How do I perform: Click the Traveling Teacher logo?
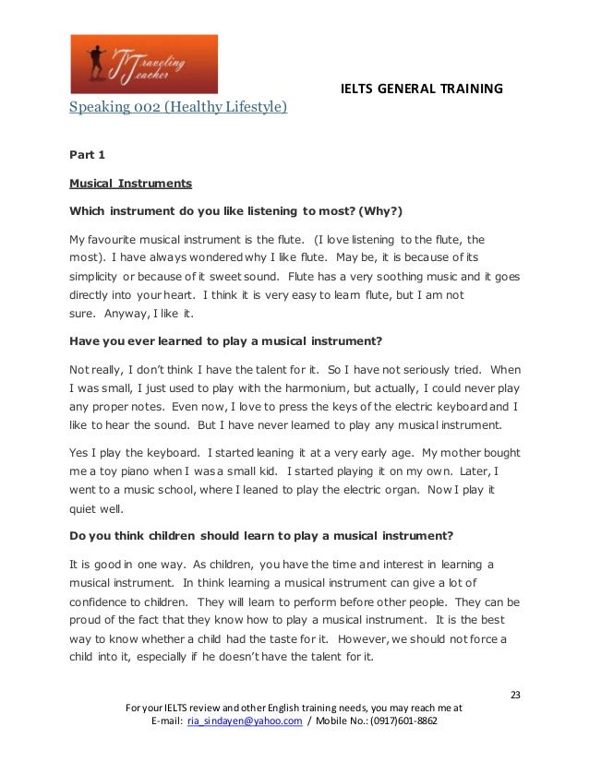(x=144, y=65)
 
